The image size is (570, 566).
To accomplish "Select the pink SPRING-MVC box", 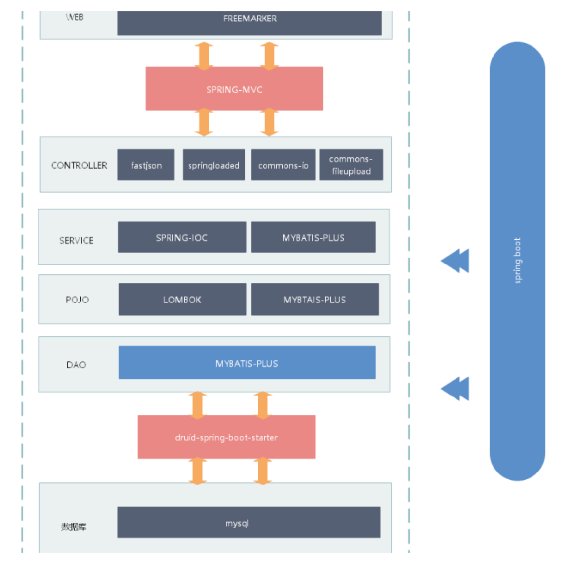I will [234, 89].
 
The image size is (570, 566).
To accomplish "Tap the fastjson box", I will [146, 165].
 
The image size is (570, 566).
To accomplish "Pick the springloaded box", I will [213, 165].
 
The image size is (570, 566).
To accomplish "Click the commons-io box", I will [283, 165].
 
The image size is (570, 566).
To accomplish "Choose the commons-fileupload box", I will [351, 165].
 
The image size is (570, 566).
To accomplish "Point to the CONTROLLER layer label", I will [79, 166].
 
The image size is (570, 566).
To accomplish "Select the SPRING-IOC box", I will [182, 237].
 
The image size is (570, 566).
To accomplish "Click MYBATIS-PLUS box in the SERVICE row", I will [313, 237].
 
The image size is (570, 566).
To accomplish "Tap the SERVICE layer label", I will [76, 240].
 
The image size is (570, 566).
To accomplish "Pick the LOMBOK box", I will [182, 300].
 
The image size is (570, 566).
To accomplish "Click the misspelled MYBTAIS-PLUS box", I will [315, 300].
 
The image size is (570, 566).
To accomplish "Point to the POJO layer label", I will [77, 300].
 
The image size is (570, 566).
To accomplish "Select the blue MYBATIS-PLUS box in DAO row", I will [247, 363].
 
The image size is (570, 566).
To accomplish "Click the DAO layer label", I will [76, 365].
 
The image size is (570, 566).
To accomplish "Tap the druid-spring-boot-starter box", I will [226, 437].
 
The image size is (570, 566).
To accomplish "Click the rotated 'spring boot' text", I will [517, 261].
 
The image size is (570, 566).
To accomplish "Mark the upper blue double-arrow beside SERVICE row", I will [455, 261].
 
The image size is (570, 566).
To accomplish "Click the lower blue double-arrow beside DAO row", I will [455, 389].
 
